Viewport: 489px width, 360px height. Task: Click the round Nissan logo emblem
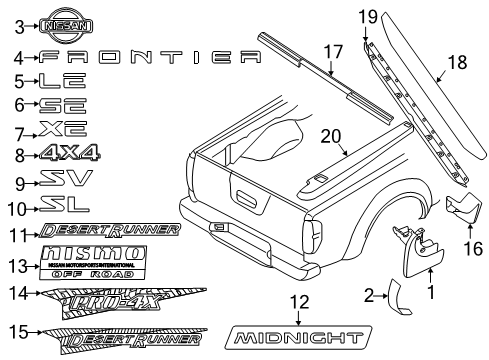57,29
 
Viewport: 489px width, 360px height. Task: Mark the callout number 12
293,303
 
